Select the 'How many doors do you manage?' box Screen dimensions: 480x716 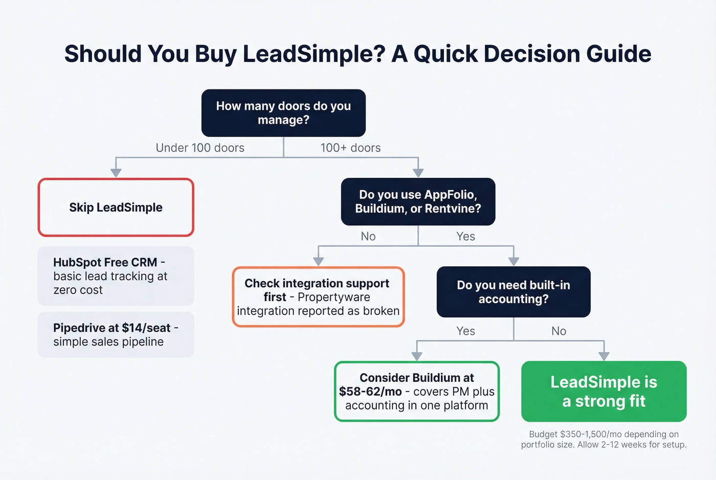283,113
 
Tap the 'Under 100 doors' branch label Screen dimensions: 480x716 200,148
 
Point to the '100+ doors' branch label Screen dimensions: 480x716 350,148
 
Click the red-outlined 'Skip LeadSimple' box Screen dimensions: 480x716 116,208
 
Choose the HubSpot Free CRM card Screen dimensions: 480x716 116,276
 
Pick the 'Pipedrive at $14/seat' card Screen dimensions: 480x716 116,335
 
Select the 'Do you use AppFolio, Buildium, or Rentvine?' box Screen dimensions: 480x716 418,201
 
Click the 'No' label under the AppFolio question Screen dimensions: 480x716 368,236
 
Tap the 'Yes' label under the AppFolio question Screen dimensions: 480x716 465,236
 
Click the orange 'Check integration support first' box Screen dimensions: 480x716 318,297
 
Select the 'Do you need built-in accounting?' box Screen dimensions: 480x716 513,292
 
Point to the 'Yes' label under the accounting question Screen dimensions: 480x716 465,331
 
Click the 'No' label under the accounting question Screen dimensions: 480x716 558,331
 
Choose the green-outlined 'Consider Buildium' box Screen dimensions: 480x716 417,392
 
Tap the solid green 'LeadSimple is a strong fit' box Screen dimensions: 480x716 603,392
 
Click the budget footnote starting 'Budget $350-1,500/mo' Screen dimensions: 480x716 603,439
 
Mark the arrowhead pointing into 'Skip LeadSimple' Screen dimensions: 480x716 116,173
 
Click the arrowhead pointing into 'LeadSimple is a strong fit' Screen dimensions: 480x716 604,356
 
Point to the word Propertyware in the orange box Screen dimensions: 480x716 333,297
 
